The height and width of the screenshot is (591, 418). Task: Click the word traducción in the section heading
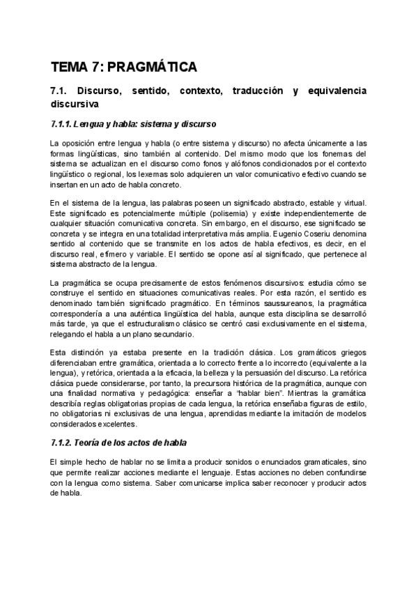[x=256, y=91]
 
